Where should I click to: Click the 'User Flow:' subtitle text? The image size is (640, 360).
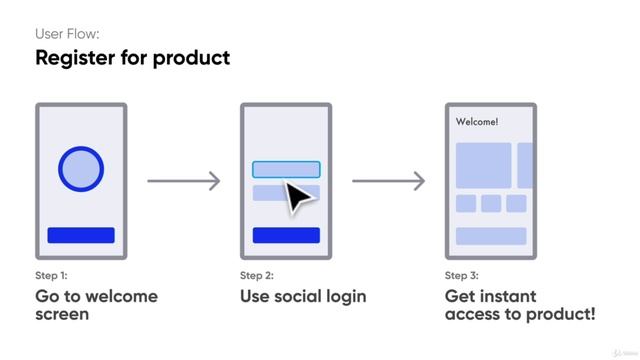point(67,33)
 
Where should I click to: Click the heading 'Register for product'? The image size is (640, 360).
point(132,57)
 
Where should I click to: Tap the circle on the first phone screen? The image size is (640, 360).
point(81,168)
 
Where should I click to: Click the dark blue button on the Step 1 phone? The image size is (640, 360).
point(81,235)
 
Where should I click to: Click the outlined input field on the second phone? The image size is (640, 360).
point(286,169)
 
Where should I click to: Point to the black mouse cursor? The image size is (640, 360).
point(298,195)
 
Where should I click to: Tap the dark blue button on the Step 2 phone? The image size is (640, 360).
point(286,235)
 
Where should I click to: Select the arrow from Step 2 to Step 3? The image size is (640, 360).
point(388,181)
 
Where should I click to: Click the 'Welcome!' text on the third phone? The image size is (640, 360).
point(477,122)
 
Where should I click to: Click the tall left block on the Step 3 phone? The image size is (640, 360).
point(483,165)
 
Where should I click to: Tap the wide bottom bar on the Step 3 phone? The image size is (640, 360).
point(491,236)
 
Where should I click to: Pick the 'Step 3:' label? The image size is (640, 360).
point(462,275)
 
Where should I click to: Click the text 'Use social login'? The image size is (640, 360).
point(303,296)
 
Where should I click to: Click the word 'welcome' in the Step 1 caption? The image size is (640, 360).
point(122,296)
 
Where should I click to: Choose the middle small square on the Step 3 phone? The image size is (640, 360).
point(490,204)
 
